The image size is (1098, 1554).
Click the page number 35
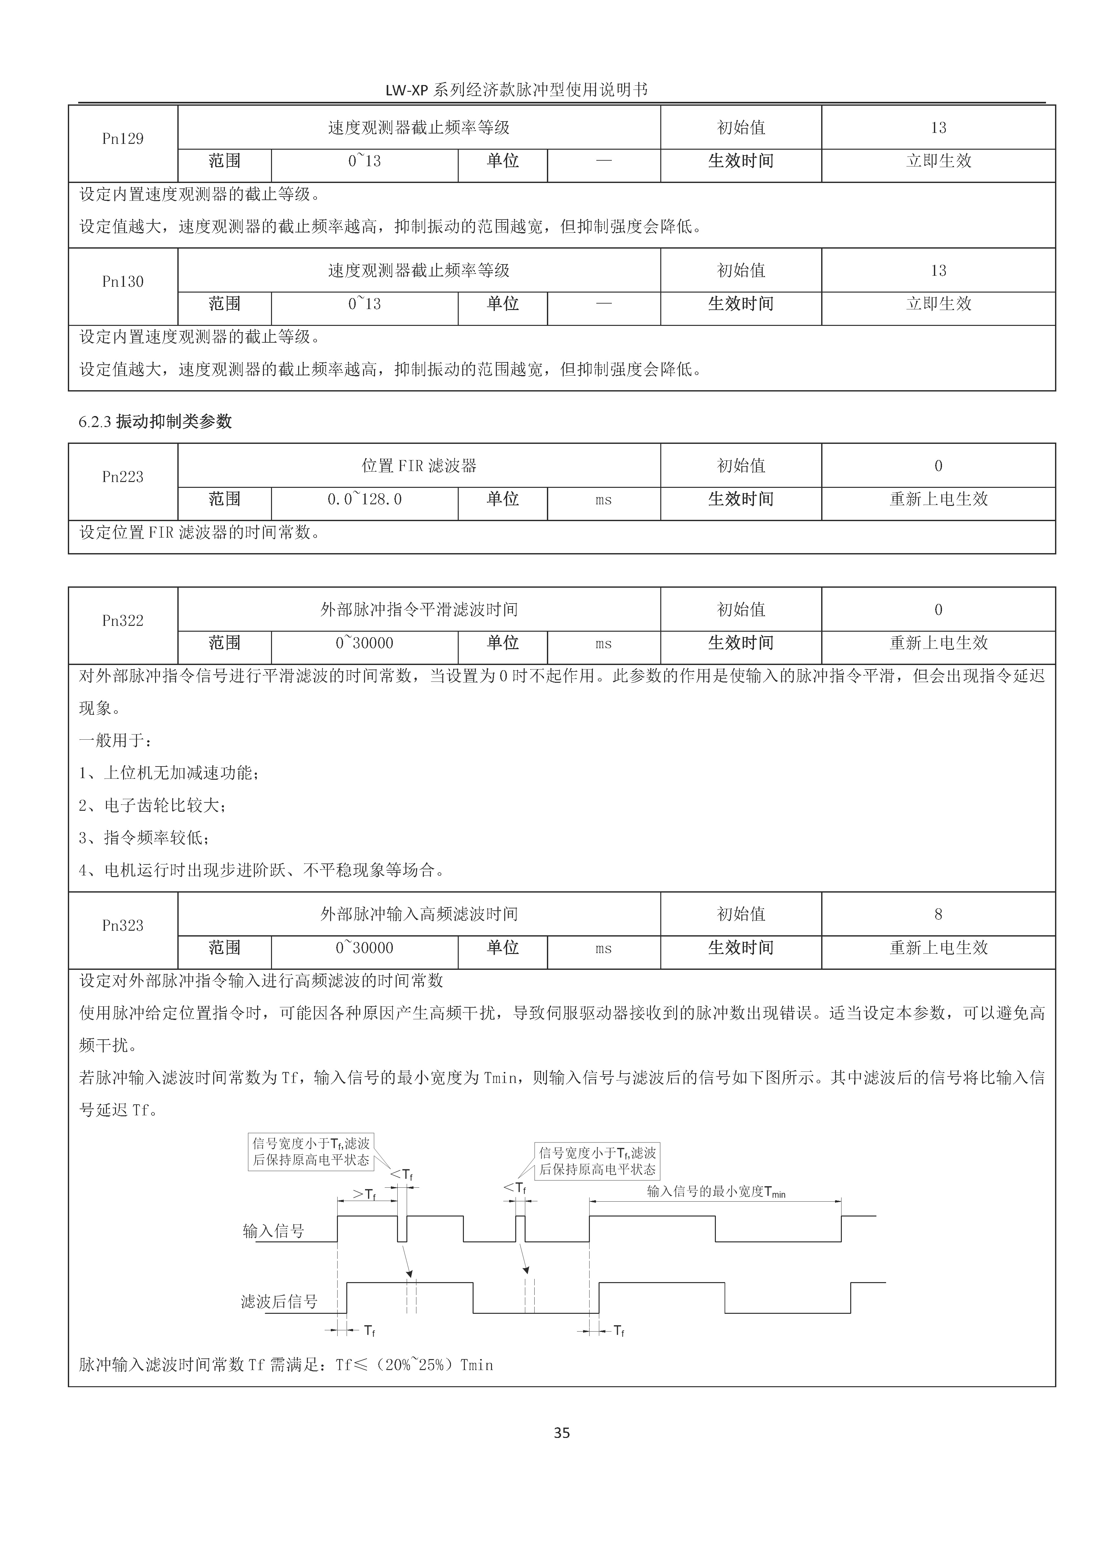tap(561, 1433)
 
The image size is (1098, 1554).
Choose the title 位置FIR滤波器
tap(419, 466)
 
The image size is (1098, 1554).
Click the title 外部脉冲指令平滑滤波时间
tap(419, 610)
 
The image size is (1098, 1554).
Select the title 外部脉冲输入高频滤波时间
tap(419, 915)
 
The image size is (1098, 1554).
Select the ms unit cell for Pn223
tap(603, 500)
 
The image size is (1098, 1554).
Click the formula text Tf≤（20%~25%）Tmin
tap(414, 1365)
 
